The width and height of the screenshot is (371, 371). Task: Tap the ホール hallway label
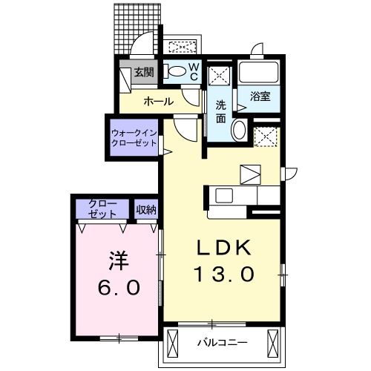158,101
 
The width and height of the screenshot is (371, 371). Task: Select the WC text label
192,71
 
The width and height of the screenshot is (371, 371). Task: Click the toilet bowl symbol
176,72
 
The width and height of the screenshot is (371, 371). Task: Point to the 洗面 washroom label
220,111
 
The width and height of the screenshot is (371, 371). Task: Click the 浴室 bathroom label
260,96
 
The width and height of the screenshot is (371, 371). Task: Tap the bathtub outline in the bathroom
260,73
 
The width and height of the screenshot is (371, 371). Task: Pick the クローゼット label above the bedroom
102,209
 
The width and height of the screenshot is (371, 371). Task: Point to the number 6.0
117,288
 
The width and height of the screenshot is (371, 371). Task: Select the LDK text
225,248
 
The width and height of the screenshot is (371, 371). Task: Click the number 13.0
225,274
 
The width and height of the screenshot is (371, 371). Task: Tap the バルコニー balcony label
222,343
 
